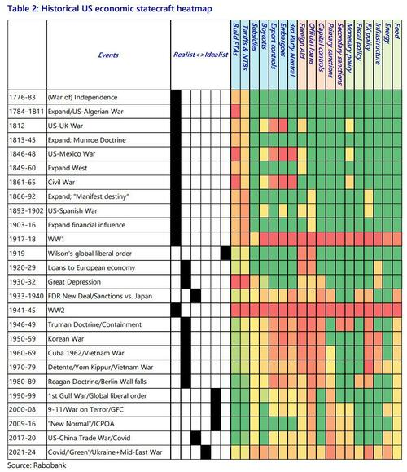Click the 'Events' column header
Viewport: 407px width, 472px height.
point(108,55)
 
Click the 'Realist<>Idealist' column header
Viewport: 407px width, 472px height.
point(200,55)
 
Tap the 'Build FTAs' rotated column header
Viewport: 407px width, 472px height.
point(236,39)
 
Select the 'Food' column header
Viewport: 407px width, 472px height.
point(397,31)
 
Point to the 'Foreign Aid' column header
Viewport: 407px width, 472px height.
point(302,40)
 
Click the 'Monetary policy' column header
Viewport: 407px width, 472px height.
point(349,47)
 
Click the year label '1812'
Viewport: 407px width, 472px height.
point(17,126)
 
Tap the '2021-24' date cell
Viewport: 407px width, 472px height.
point(22,452)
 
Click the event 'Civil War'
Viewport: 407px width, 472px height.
point(61,183)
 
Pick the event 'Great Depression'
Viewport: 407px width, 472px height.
point(74,282)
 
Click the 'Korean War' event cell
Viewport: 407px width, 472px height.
point(66,339)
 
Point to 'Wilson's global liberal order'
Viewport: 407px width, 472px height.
point(90,254)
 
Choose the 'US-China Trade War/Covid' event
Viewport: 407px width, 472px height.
point(89,438)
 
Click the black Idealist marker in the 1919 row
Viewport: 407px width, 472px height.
point(225,254)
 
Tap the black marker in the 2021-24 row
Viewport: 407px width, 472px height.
point(206,452)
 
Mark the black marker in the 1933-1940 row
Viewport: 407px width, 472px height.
point(195,296)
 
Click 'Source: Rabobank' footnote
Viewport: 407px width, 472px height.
point(37,465)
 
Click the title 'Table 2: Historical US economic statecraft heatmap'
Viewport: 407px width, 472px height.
point(109,8)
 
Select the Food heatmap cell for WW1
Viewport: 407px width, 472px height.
point(397,240)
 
